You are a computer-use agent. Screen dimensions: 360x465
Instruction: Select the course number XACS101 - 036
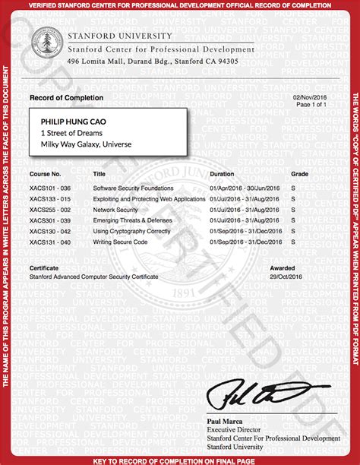tap(49, 188)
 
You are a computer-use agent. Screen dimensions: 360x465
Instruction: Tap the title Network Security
tap(115, 209)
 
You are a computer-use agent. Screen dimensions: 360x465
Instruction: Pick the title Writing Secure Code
tap(120, 242)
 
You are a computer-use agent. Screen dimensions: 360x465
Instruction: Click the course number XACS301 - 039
tap(49, 220)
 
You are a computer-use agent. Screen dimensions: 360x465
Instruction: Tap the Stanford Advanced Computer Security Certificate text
tap(94, 277)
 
